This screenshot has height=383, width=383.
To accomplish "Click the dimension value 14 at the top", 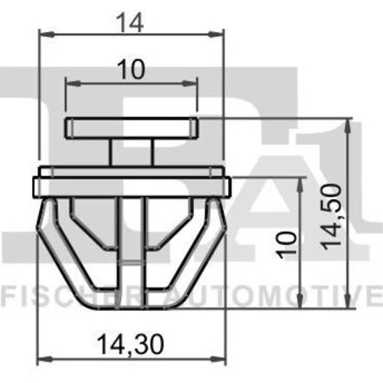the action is tap(131, 23).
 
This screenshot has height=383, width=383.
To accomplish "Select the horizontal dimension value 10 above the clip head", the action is tap(131, 69).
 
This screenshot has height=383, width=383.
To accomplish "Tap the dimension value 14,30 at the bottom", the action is tap(130, 345).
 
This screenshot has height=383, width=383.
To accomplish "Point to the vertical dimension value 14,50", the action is tap(331, 217).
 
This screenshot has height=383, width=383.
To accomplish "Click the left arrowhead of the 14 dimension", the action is tap(47, 34).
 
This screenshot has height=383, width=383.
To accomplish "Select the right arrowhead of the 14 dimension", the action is tap(216, 34).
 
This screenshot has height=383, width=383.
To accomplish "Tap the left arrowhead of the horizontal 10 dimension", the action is tap(74, 83).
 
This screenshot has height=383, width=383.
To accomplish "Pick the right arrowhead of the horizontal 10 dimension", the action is tap(189, 83).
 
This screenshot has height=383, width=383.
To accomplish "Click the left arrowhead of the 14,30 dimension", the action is tap(45, 359).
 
